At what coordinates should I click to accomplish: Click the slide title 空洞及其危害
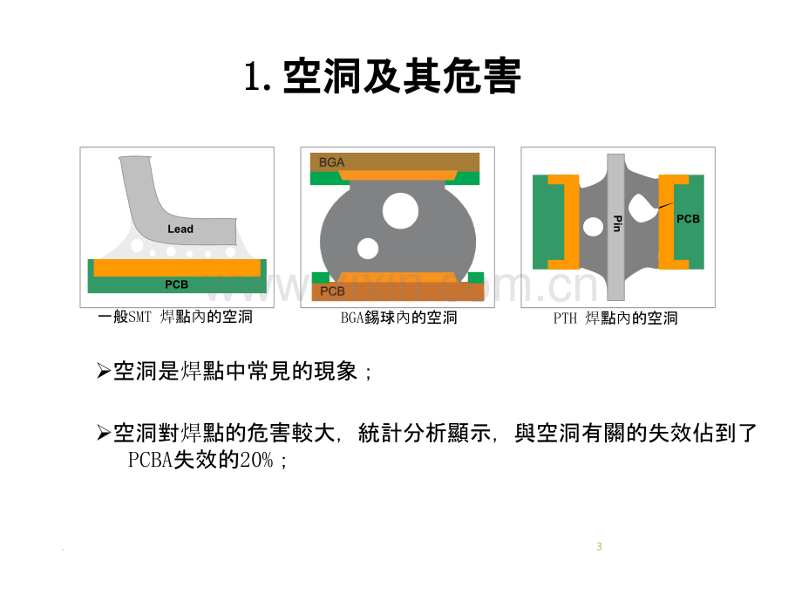tap(402, 76)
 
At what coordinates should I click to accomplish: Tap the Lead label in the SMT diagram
tap(180, 229)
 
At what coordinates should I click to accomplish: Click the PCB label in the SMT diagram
tap(176, 284)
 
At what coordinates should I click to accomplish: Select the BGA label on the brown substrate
tap(331, 162)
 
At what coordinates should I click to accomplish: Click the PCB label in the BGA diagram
tap(332, 291)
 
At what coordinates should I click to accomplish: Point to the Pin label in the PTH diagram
tap(617, 223)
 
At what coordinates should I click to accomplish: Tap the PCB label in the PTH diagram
tap(688, 219)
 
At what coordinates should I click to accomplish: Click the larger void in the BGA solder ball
tap(400, 211)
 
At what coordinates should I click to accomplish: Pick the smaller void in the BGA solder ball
tap(368, 249)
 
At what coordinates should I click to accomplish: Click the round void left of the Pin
tap(594, 226)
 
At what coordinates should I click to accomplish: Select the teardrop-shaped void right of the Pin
tap(642, 208)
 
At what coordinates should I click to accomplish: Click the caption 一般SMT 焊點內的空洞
tap(175, 317)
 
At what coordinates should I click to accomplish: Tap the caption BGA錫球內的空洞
tap(398, 318)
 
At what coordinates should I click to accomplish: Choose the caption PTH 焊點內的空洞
tap(615, 318)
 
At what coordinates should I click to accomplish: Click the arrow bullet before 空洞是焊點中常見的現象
tap(104, 370)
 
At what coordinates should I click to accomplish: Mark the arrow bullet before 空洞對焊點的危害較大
tap(104, 433)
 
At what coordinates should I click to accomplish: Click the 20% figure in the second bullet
tap(256, 460)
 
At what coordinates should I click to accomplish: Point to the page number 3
tap(599, 547)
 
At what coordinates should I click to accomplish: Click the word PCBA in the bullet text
tap(150, 460)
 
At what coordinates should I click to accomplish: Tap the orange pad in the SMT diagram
tap(177, 268)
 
